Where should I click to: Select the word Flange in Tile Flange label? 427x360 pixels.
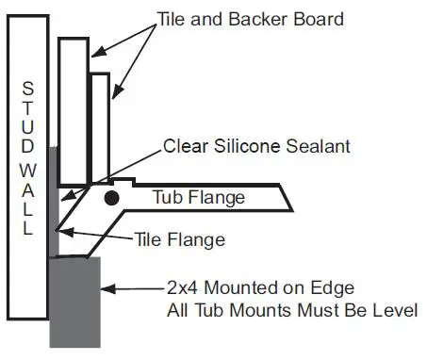200,240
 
